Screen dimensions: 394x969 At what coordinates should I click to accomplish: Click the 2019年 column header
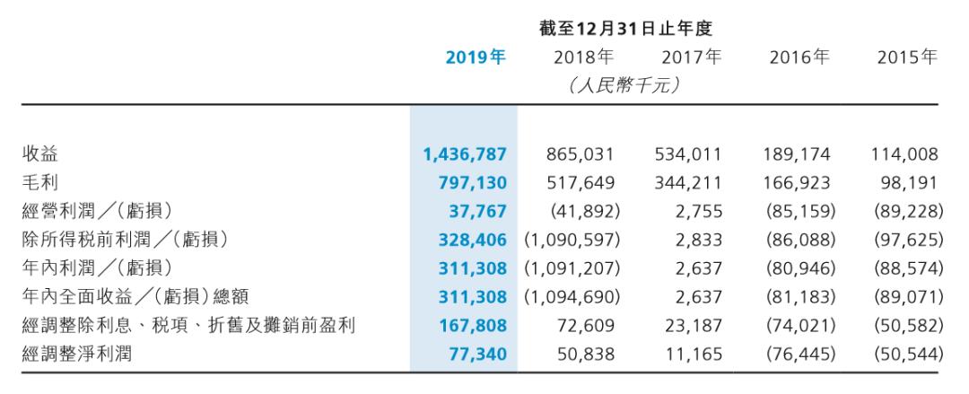476,58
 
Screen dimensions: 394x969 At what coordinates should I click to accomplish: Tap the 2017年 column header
692,58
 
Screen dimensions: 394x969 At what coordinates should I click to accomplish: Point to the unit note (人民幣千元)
624,86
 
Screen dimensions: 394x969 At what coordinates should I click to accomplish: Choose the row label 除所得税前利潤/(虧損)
125,241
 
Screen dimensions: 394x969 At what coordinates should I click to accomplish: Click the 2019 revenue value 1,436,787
465,154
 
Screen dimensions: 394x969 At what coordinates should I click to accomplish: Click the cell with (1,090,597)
569,241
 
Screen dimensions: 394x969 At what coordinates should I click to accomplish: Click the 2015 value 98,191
912,183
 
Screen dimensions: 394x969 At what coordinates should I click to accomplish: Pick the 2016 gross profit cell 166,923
799,183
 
